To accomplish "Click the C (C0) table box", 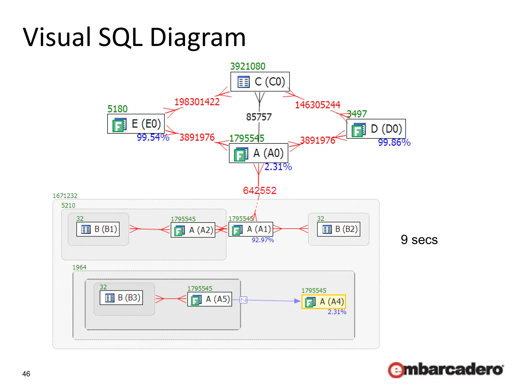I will coord(260,82).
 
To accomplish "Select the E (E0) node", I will coord(136,124).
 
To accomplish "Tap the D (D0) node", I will coord(376,129).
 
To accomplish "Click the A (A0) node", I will coord(258,153).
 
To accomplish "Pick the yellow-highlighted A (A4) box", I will coord(324,302).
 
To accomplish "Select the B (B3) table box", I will coord(121,298).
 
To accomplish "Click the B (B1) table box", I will coord(98,229).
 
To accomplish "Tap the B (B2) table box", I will coord(339,229).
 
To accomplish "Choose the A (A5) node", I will coord(210,299).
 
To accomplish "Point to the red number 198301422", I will coord(197,102).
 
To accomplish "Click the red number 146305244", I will coord(317,105).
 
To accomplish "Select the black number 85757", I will coord(259,117).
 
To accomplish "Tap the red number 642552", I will coord(260,190).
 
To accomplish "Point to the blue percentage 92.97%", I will coord(263,240).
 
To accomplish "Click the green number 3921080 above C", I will coord(247,66).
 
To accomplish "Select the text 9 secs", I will coord(419,239).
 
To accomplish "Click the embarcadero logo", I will coord(446,370).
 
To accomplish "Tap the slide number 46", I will coord(26,374).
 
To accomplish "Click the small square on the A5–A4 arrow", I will coord(243,300).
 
